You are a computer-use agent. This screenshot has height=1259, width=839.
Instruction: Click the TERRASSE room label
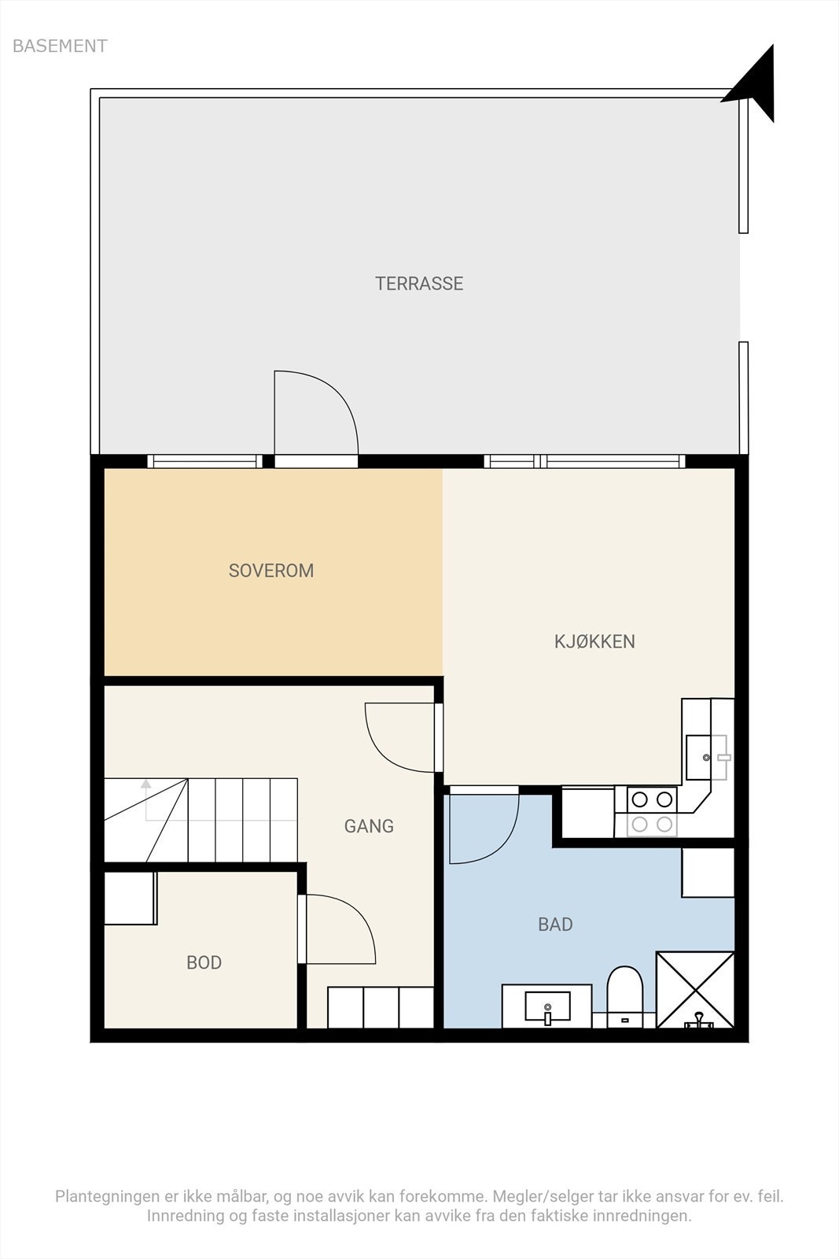tap(419, 283)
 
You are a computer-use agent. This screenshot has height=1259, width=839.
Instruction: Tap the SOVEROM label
tap(271, 570)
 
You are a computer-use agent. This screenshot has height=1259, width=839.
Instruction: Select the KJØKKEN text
tap(594, 641)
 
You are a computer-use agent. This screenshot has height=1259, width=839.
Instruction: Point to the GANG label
tap(369, 825)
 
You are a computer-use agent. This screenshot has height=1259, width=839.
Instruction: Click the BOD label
tap(204, 963)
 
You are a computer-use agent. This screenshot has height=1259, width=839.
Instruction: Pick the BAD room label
tap(555, 925)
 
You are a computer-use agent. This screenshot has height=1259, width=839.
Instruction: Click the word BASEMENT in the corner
tap(60, 46)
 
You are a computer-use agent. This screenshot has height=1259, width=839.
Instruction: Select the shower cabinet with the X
tap(695, 990)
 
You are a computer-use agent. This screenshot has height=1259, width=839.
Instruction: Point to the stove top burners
tap(652, 811)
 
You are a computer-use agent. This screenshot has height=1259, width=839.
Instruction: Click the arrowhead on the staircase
tap(146, 784)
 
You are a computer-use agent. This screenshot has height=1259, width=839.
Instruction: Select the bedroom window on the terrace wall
tap(204, 461)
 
